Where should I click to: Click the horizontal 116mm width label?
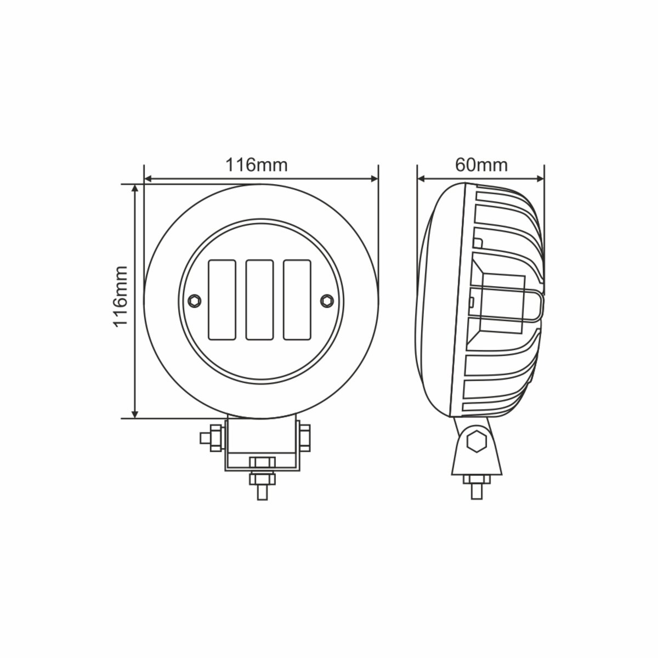click(256, 164)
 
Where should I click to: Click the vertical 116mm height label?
click(120, 296)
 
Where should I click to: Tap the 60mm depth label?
click(481, 164)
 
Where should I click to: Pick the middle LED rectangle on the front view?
click(260, 299)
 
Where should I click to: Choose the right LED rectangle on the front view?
click(297, 299)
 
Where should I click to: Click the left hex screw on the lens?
click(193, 299)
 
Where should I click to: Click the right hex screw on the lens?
click(327, 299)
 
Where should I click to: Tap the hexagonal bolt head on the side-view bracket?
click(476, 441)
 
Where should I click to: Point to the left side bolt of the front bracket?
click(212, 438)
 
